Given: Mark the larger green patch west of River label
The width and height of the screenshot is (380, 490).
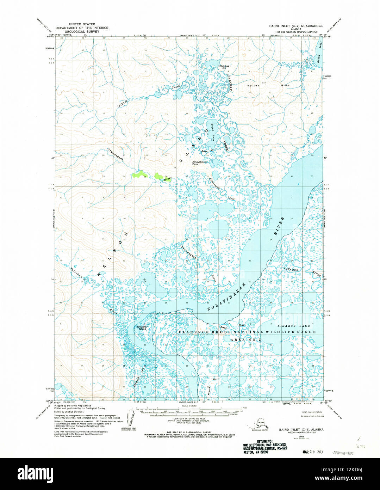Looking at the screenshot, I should (138, 174).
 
